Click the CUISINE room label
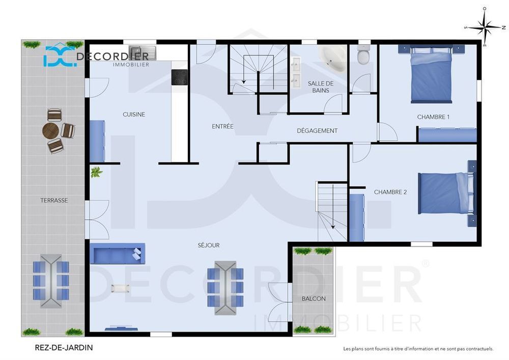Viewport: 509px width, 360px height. (134, 115)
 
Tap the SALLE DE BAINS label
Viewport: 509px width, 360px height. (321, 87)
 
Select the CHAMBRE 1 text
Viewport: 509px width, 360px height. (433, 117)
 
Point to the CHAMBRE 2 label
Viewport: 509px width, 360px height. (390, 192)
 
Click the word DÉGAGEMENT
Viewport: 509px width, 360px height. (317, 131)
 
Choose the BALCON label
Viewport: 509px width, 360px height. (314, 299)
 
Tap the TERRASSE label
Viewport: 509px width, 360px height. (54, 201)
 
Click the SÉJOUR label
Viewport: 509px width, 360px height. (209, 245)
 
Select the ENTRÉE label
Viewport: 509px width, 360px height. (222, 126)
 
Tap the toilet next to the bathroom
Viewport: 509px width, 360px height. (363, 55)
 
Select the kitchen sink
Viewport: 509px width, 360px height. (142, 52)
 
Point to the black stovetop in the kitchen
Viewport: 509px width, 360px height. (180, 77)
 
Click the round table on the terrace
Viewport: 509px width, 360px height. (51, 131)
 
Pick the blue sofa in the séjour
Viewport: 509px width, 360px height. (117, 253)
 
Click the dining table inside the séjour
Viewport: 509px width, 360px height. (225, 287)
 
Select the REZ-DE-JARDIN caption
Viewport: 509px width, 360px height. (61, 348)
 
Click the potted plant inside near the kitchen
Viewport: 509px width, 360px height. (96, 173)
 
